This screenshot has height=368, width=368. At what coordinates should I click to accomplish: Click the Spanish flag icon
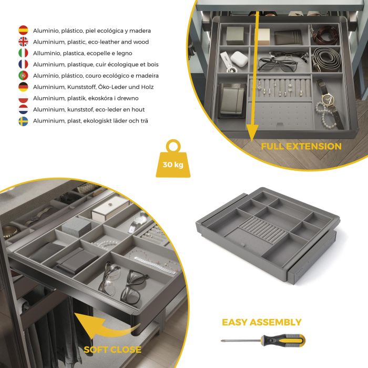(23, 30)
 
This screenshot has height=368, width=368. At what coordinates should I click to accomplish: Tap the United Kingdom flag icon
(23, 42)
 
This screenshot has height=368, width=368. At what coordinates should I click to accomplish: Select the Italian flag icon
(23, 53)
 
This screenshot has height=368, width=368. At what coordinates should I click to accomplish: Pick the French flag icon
(23, 65)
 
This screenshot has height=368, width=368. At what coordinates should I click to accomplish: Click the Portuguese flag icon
(23, 76)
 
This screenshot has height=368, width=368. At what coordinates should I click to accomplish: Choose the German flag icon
(23, 87)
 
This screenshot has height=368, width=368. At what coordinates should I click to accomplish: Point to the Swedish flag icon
(23, 121)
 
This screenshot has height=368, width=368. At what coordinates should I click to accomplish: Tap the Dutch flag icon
(23, 109)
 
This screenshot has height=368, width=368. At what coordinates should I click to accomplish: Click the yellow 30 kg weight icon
(173, 158)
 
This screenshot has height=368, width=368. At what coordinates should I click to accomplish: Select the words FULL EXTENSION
(301, 146)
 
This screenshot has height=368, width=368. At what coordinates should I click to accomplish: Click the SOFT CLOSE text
(113, 350)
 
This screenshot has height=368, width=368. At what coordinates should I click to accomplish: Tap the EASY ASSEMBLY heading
(261, 322)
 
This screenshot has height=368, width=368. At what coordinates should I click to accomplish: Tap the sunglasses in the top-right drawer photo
(277, 64)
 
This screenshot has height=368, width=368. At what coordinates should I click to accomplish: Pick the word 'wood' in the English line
(141, 42)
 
